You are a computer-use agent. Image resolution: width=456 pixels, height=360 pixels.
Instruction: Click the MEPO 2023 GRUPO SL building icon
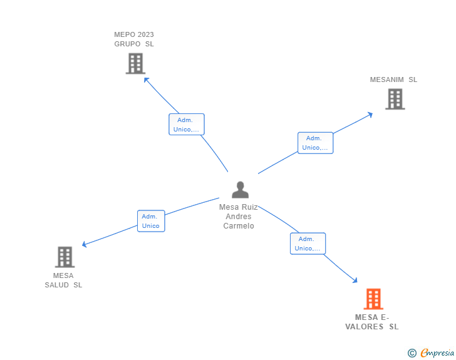[135, 63]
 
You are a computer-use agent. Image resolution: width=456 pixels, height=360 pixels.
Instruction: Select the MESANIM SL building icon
[395, 99]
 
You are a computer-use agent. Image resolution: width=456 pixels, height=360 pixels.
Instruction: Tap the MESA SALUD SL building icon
[65, 257]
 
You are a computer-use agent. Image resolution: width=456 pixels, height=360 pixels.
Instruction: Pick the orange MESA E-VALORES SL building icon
[373, 299]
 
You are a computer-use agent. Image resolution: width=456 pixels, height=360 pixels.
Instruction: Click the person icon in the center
[240, 190]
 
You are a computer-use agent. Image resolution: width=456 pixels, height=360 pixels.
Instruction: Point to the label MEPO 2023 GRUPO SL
[134, 39]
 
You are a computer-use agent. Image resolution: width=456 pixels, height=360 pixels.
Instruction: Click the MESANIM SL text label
[393, 80]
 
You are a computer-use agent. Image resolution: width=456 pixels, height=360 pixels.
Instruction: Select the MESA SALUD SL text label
[63, 280]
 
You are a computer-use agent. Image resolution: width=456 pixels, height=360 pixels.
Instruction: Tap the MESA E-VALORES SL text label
[372, 322]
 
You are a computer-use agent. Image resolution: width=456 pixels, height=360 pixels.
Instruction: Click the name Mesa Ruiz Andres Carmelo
[239, 216]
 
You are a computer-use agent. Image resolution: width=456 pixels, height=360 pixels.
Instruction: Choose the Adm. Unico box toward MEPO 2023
[186, 125]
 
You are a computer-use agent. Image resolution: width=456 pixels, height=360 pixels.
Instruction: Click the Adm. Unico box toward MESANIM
[315, 143]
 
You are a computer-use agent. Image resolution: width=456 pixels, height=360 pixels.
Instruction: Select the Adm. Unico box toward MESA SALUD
[151, 221]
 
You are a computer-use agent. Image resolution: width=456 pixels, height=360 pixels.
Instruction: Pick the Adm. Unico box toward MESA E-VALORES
[308, 244]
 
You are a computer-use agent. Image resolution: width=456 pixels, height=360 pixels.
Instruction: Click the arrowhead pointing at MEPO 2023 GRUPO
[146, 79]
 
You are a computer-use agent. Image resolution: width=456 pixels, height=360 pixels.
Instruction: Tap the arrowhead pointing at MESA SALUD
[85, 245]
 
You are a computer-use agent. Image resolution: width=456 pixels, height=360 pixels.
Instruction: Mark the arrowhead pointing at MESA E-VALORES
[355, 280]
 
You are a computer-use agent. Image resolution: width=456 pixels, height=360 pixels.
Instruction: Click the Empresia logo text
[437, 353]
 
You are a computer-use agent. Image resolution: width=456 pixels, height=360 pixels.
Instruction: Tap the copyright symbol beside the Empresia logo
[412, 353]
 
